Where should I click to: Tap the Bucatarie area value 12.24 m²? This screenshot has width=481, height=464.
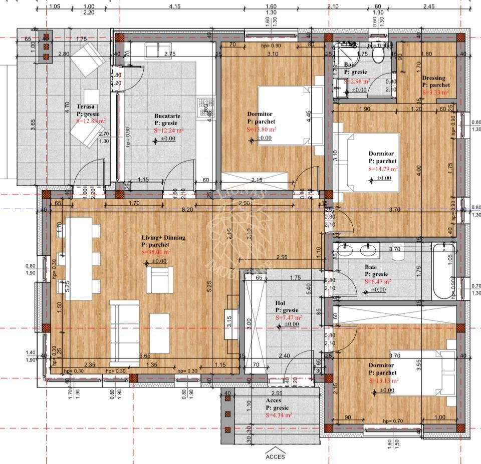pyautogui.click(x=169, y=130)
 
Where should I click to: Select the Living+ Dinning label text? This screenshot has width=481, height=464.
pyautogui.click(x=163, y=238)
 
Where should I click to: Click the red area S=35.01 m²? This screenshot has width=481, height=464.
pyautogui.click(x=156, y=253)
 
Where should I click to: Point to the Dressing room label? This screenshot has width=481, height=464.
pyautogui.click(x=433, y=78)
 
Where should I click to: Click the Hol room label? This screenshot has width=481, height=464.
pyautogui.click(x=280, y=303)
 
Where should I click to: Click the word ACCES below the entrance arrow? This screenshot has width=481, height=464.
pyautogui.click(x=275, y=456)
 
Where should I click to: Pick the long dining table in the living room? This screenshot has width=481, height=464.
pyautogui.click(x=79, y=258)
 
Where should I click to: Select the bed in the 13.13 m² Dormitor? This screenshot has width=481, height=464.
pyautogui.click(x=423, y=373)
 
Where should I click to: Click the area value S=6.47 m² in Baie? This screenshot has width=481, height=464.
pyautogui.click(x=378, y=282)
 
